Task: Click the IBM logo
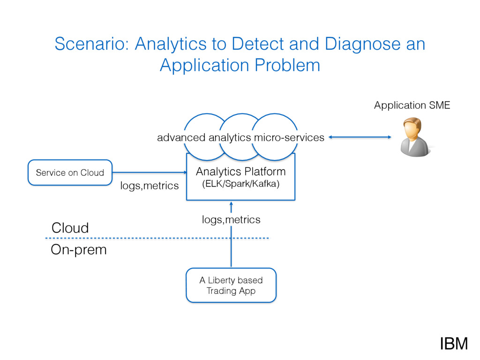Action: [454, 344]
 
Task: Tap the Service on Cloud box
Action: [70, 172]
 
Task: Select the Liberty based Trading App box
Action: [231, 285]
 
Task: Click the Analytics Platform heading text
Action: [241, 172]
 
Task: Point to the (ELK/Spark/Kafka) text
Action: [241, 184]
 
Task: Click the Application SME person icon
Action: [415, 137]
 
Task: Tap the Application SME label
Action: [412, 105]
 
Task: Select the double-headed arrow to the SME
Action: [360, 137]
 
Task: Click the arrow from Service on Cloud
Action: [150, 172]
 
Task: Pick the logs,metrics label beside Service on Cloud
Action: [150, 186]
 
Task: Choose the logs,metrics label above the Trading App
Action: [231, 219]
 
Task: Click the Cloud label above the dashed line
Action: [70, 228]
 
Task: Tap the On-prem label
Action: [79, 250]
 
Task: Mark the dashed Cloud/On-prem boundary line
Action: [157, 238]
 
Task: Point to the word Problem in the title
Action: [287, 65]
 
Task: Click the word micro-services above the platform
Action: [289, 137]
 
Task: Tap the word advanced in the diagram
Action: [181, 137]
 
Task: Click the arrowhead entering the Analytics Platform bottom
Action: [231, 203]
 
